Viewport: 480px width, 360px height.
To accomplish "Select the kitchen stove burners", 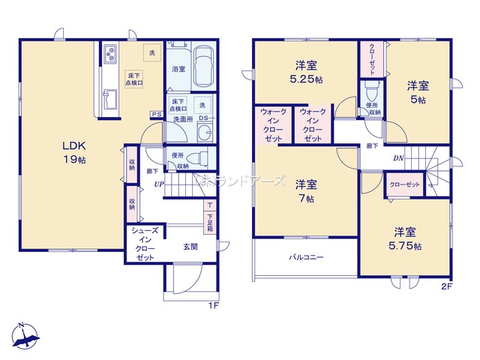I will (109, 54).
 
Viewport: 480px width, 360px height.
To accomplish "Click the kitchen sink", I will (109, 99).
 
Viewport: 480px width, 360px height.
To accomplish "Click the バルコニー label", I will (307, 257).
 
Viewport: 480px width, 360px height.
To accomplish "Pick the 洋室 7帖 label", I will (305, 190).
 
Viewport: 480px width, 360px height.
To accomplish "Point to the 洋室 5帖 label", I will (417, 92).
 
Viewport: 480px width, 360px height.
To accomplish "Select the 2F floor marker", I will (447, 286).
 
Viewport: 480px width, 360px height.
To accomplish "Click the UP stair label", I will (159, 184).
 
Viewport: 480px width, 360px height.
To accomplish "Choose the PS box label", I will (155, 114).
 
